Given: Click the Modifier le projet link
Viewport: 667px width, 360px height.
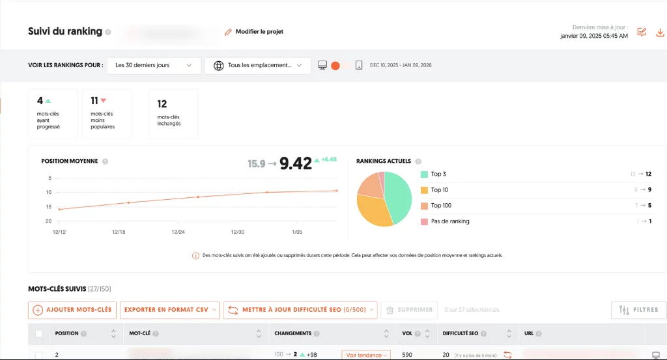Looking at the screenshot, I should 254,31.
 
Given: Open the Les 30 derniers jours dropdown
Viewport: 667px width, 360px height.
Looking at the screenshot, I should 154,65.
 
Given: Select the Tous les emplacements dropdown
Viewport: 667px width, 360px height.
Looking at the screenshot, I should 257,65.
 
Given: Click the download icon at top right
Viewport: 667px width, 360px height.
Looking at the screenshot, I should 660,32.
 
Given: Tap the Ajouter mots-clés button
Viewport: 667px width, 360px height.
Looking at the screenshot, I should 72,310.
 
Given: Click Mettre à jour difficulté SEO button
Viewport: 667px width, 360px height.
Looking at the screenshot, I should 300,310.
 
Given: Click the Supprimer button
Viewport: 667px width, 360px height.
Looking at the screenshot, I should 408,310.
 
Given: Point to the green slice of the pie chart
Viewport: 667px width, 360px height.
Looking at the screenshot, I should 398,195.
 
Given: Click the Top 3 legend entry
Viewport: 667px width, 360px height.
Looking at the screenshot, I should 438,174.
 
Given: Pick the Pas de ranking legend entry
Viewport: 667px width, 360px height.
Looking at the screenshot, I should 449,221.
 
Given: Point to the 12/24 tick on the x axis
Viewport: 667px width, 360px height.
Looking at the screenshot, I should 178,232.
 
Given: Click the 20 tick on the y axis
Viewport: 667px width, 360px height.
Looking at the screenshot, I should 48,221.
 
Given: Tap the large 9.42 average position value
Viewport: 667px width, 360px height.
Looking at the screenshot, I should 295,163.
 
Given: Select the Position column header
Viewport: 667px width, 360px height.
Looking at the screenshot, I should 67,333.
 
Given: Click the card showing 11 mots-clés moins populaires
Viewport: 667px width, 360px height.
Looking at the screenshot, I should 107,113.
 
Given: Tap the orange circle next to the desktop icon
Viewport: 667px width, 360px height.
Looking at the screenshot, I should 335,65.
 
